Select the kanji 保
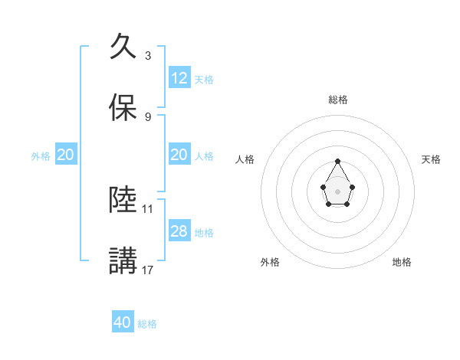(x=123, y=108)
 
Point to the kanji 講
(x=123, y=260)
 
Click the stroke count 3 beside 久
(x=147, y=55)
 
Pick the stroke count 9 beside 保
(x=147, y=116)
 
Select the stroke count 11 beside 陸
(x=148, y=208)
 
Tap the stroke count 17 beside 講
(x=148, y=270)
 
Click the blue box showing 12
(x=179, y=78)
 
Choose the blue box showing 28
(x=179, y=231)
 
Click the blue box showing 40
(x=123, y=322)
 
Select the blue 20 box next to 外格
(x=66, y=155)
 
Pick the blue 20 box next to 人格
(x=179, y=155)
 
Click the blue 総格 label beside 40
(x=147, y=324)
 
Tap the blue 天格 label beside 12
(x=204, y=80)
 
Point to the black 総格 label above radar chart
(x=338, y=100)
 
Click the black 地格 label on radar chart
(x=402, y=262)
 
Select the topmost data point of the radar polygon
(x=337, y=161)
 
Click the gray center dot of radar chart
(x=337, y=190)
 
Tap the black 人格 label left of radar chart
(x=245, y=159)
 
